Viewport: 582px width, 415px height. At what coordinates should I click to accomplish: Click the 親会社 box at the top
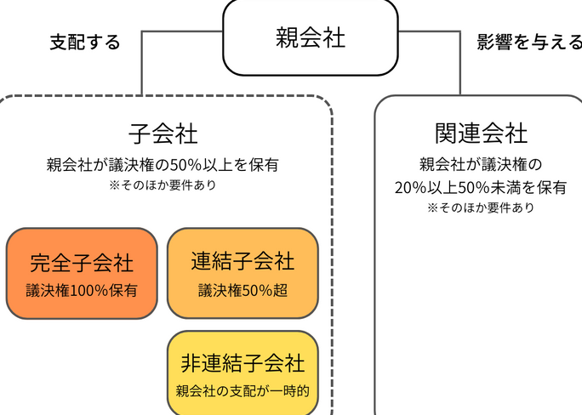coord(311,38)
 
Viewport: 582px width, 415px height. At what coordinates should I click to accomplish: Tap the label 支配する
coord(85,42)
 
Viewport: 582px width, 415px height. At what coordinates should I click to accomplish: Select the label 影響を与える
coord(529,42)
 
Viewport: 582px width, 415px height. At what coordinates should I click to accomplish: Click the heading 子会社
coord(163,134)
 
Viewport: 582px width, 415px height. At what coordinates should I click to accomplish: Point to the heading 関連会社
coord(481,134)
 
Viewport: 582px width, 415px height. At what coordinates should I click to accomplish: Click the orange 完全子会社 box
coord(81,272)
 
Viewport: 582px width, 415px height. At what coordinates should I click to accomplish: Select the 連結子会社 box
coord(242,272)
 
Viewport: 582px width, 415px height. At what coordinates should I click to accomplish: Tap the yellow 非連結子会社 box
coord(242,374)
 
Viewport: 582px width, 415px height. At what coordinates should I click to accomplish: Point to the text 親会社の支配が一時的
coord(242,392)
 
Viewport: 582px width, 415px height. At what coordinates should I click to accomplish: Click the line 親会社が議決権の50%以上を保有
coord(163,164)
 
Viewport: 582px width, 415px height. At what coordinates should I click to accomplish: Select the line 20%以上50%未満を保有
coord(481,188)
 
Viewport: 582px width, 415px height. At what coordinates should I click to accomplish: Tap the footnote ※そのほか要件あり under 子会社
coord(163,184)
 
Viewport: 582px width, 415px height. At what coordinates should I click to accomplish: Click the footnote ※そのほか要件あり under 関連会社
coord(481,207)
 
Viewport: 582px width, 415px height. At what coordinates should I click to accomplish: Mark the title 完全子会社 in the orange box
coord(82,263)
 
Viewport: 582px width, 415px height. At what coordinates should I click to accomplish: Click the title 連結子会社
coord(242,261)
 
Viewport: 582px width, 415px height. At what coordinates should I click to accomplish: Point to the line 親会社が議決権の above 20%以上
coord(481,164)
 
